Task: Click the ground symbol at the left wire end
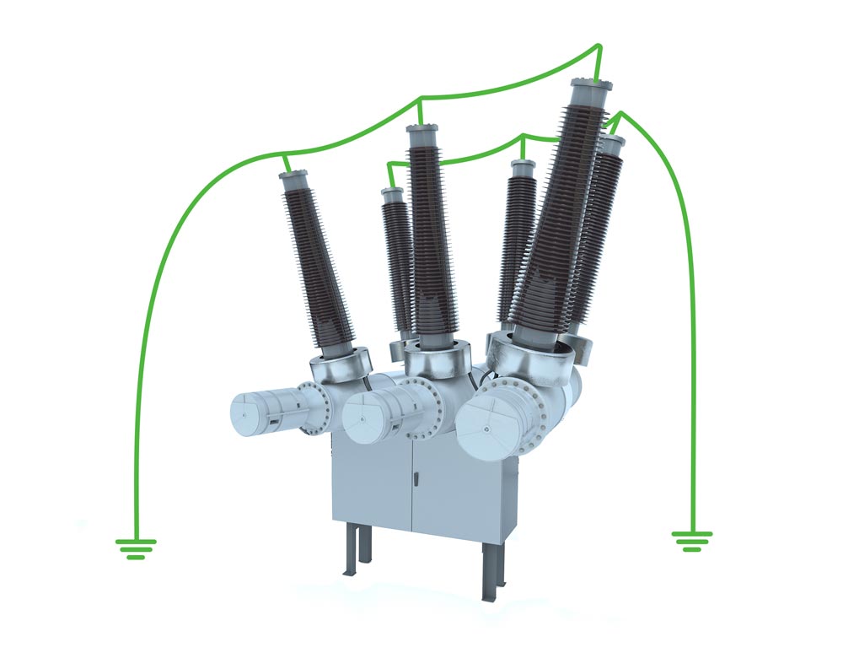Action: (135, 548)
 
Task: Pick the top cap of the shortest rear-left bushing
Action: (391, 195)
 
